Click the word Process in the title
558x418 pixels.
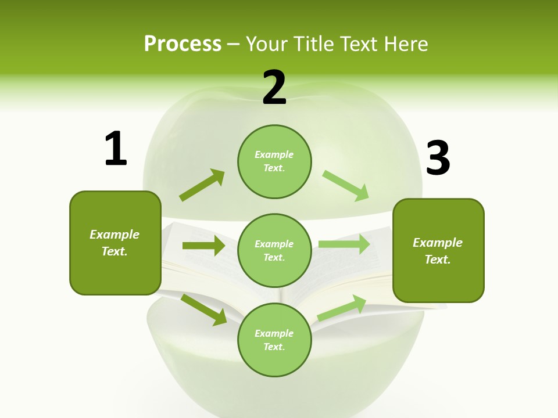coord(183,44)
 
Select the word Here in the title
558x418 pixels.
coord(407,44)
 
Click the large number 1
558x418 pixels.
coord(116,149)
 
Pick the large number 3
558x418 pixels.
coord(438,158)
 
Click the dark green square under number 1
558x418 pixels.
coord(115,243)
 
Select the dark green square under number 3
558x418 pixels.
coord(438,251)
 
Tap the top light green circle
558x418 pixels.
coord(274,161)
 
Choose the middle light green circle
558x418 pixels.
coord(274,251)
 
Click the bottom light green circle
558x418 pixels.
coord(274,340)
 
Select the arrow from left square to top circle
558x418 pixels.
coord(202,185)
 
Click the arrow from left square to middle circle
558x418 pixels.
coord(203,246)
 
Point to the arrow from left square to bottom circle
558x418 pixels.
coord(204,309)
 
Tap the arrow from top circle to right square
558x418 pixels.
coord(345,185)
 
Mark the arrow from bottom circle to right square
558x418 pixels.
coord(342,308)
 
